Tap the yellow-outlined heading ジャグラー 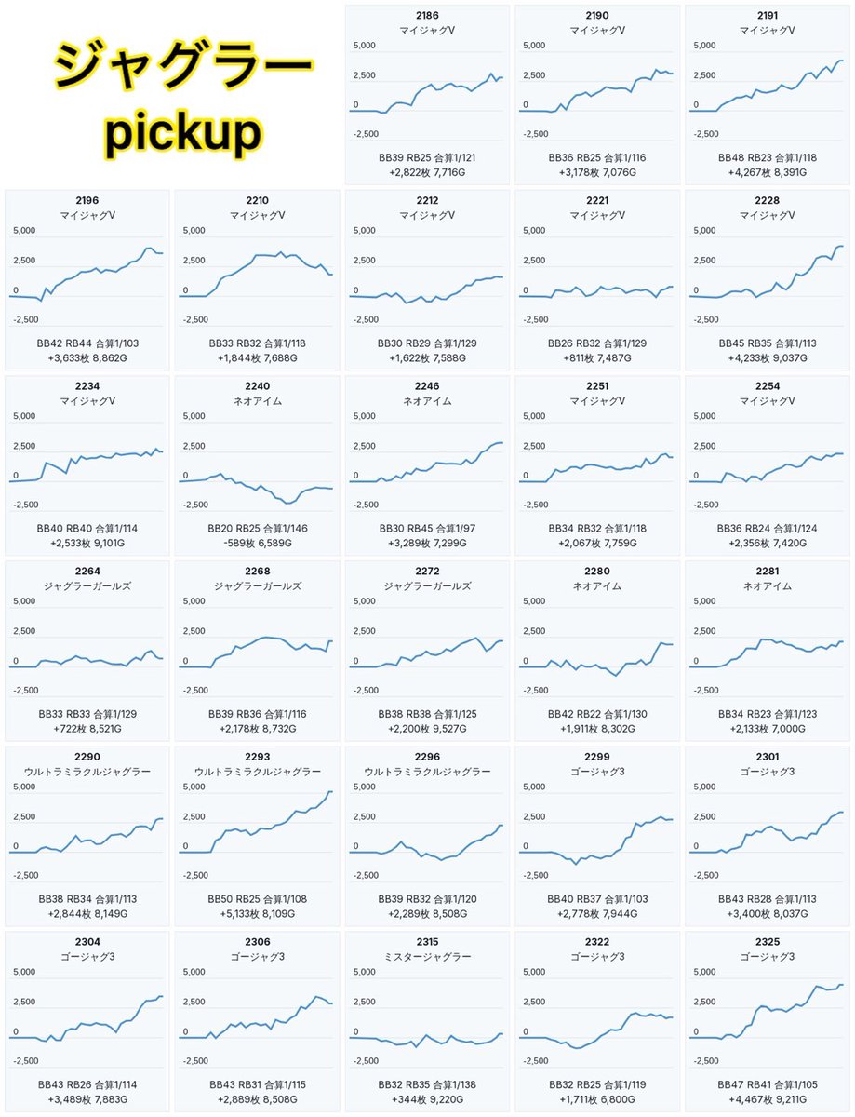coord(183,66)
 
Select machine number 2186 coord(427,16)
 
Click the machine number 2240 coord(258,386)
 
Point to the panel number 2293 coord(258,757)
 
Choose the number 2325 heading coord(768,942)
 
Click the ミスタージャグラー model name coord(427,957)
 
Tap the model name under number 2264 coord(87,586)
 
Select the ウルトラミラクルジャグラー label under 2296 coord(427,772)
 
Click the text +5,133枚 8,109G coord(258,913)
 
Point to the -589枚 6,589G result coord(258,543)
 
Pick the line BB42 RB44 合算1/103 coord(87,343)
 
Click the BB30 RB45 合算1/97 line coord(427,529)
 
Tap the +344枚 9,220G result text coord(427,1099)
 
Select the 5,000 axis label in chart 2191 coord(704,46)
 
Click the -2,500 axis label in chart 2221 coord(536,319)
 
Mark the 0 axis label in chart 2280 coord(526,661)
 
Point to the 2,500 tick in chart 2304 coord(24,1002)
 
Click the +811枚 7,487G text coord(597,357)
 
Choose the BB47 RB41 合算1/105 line coord(768,1084)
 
